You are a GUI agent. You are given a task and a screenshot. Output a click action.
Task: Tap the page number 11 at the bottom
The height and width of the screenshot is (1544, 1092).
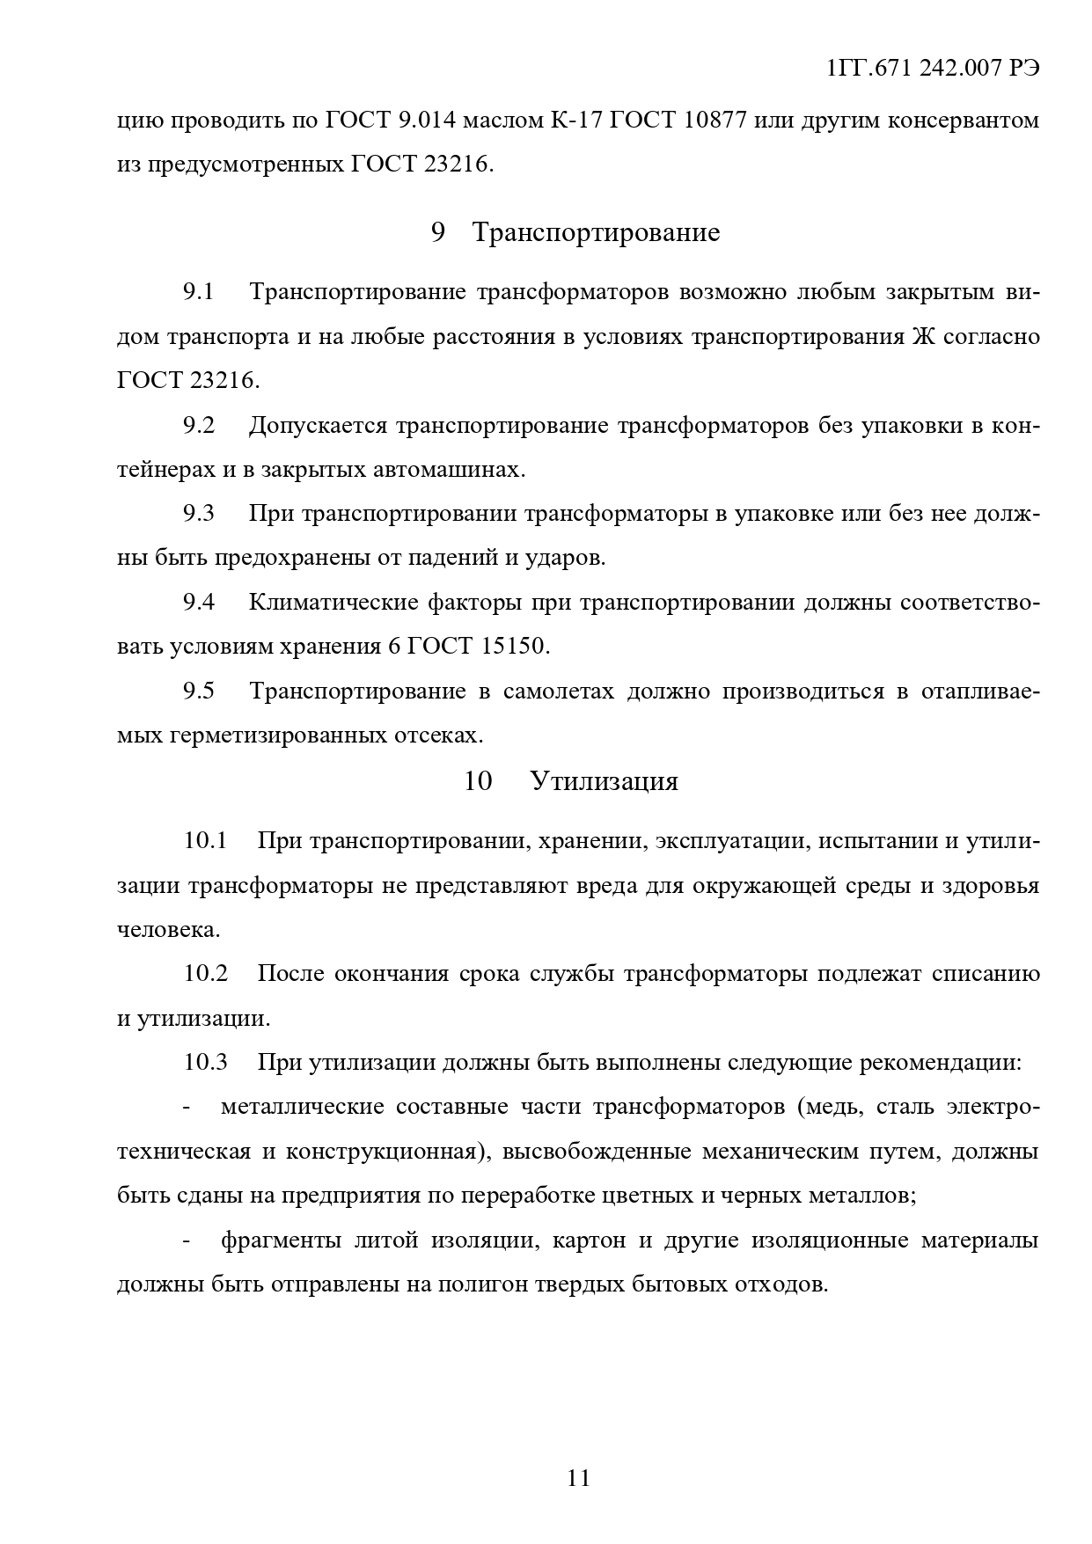pyautogui.click(x=578, y=1477)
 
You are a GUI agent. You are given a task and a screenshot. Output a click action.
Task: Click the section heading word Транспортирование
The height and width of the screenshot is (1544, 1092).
pyautogui.click(x=596, y=232)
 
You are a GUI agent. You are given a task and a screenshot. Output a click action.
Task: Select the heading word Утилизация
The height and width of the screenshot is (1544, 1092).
pyautogui.click(x=605, y=781)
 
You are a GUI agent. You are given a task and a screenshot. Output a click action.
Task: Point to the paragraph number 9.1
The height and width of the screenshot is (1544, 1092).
pyautogui.click(x=199, y=292)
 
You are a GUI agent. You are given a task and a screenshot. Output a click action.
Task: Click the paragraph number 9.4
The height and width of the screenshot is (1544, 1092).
pyautogui.click(x=199, y=603)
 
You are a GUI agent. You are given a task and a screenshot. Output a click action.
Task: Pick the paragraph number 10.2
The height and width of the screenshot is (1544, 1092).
pyautogui.click(x=206, y=974)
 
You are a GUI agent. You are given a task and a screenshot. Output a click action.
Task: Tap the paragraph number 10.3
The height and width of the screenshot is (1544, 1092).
pyautogui.click(x=206, y=1062)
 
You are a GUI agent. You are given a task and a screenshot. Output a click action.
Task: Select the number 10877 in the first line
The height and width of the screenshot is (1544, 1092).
pyautogui.click(x=715, y=120)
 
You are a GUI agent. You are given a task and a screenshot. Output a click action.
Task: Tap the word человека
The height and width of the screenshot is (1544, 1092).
pyautogui.click(x=166, y=930)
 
